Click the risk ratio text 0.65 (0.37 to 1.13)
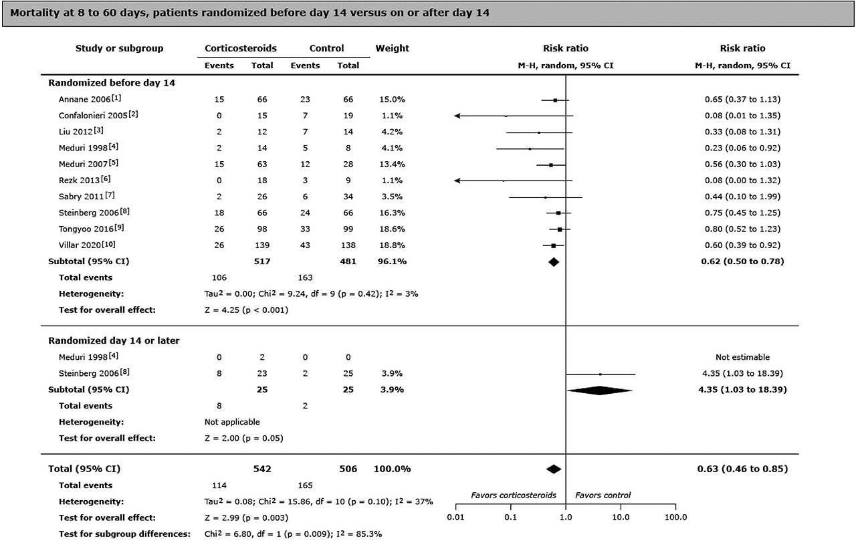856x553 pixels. click(x=742, y=100)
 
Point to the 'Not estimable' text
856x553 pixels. click(x=742, y=357)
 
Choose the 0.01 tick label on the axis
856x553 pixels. click(x=455, y=517)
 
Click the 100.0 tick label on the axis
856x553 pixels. click(x=675, y=517)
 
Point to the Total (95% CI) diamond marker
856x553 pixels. click(x=553, y=469)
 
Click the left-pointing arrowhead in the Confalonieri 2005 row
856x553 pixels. click(x=457, y=116)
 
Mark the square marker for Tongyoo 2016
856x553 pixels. click(x=560, y=229)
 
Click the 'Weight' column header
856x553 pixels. click(x=393, y=48)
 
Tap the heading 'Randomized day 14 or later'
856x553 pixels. click(x=114, y=340)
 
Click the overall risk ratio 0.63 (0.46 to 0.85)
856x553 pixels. click(x=742, y=469)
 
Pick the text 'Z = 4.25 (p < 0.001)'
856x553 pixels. click(x=247, y=310)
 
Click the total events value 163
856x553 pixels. click(x=305, y=278)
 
